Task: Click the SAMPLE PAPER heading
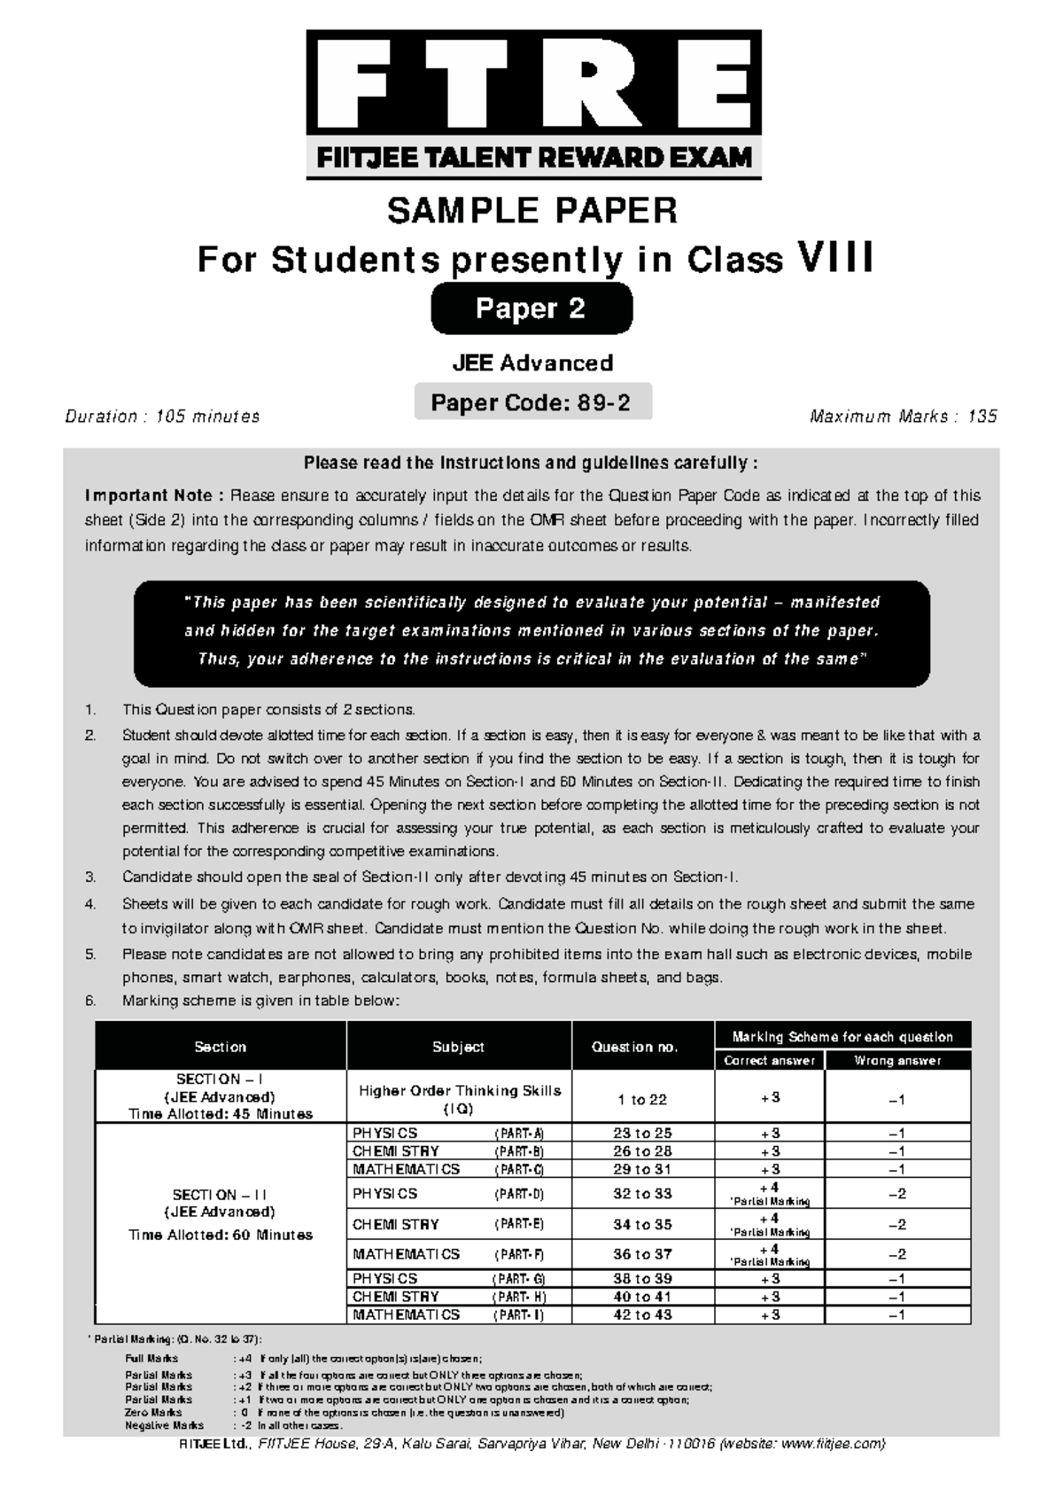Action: click(x=531, y=211)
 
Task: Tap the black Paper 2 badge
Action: click(x=531, y=308)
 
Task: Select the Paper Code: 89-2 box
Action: click(x=531, y=402)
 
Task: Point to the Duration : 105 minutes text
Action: click(x=163, y=417)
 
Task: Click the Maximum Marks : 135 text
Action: click(x=904, y=417)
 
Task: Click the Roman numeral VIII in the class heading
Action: click(x=837, y=260)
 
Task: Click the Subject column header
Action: click(x=458, y=1047)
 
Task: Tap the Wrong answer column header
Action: click(x=897, y=1061)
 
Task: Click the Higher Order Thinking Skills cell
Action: click(x=459, y=1099)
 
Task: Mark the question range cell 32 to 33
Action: click(x=643, y=1194)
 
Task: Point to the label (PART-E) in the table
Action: click(x=519, y=1225)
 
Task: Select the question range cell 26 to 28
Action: click(x=643, y=1151)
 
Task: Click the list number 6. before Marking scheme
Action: click(x=89, y=1001)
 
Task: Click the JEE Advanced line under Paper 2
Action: click(x=532, y=363)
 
